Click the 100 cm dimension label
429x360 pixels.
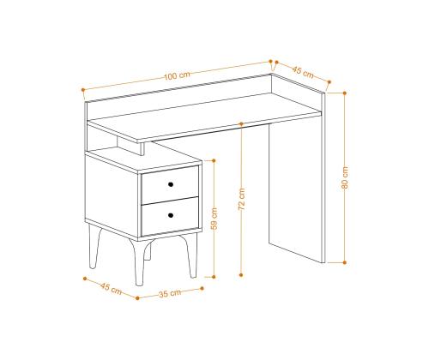pos(177,75)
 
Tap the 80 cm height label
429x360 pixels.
pos(345,177)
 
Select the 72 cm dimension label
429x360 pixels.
pos(242,199)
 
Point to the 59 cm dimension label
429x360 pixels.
pos(214,219)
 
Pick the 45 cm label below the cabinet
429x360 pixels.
pos(111,288)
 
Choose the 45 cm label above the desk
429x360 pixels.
pos(303,72)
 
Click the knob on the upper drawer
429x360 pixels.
pos(171,184)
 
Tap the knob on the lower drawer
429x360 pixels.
pos(171,215)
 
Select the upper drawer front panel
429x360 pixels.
pos(170,185)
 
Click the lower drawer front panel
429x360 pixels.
pos(170,216)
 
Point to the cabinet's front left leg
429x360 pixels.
pos(139,261)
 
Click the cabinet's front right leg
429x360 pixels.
pos(191,255)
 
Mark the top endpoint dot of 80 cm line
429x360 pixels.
pos(345,93)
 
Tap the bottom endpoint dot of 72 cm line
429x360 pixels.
pos(241,275)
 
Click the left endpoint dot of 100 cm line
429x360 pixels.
pos(83,90)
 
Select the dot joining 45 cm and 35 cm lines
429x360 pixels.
pos(137,298)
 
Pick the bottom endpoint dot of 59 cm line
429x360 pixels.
pos(214,277)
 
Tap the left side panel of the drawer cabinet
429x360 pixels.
pos(112,195)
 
